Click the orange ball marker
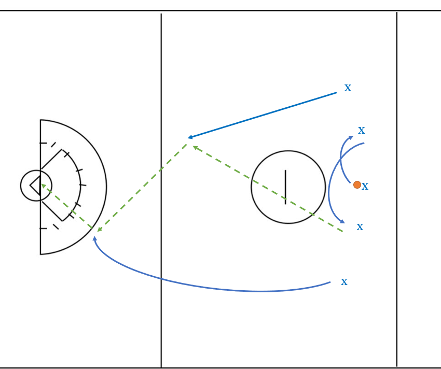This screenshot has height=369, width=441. (x=357, y=184)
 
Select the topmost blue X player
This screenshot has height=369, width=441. (x=348, y=88)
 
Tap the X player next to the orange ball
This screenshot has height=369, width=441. (x=365, y=187)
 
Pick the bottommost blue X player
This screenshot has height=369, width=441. (x=344, y=282)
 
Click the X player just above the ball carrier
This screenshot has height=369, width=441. (x=362, y=131)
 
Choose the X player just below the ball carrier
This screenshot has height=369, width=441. (x=360, y=227)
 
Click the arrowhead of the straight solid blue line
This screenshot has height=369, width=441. (x=190, y=137)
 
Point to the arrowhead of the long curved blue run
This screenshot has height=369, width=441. (x=95, y=238)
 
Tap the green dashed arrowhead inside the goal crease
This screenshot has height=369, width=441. (x=44, y=186)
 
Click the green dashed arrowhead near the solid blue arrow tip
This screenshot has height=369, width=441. (x=195, y=148)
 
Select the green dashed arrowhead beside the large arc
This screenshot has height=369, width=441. (x=99, y=230)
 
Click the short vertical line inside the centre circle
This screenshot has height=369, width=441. (x=285, y=187)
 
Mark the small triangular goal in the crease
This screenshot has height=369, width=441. (x=35, y=186)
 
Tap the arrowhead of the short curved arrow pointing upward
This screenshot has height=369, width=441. (x=351, y=137)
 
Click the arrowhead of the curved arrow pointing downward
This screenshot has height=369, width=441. (x=342, y=221)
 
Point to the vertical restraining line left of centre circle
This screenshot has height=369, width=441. (x=161, y=190)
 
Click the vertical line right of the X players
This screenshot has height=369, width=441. (x=397, y=189)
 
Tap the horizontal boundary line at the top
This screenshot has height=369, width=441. (x=220, y=11)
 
